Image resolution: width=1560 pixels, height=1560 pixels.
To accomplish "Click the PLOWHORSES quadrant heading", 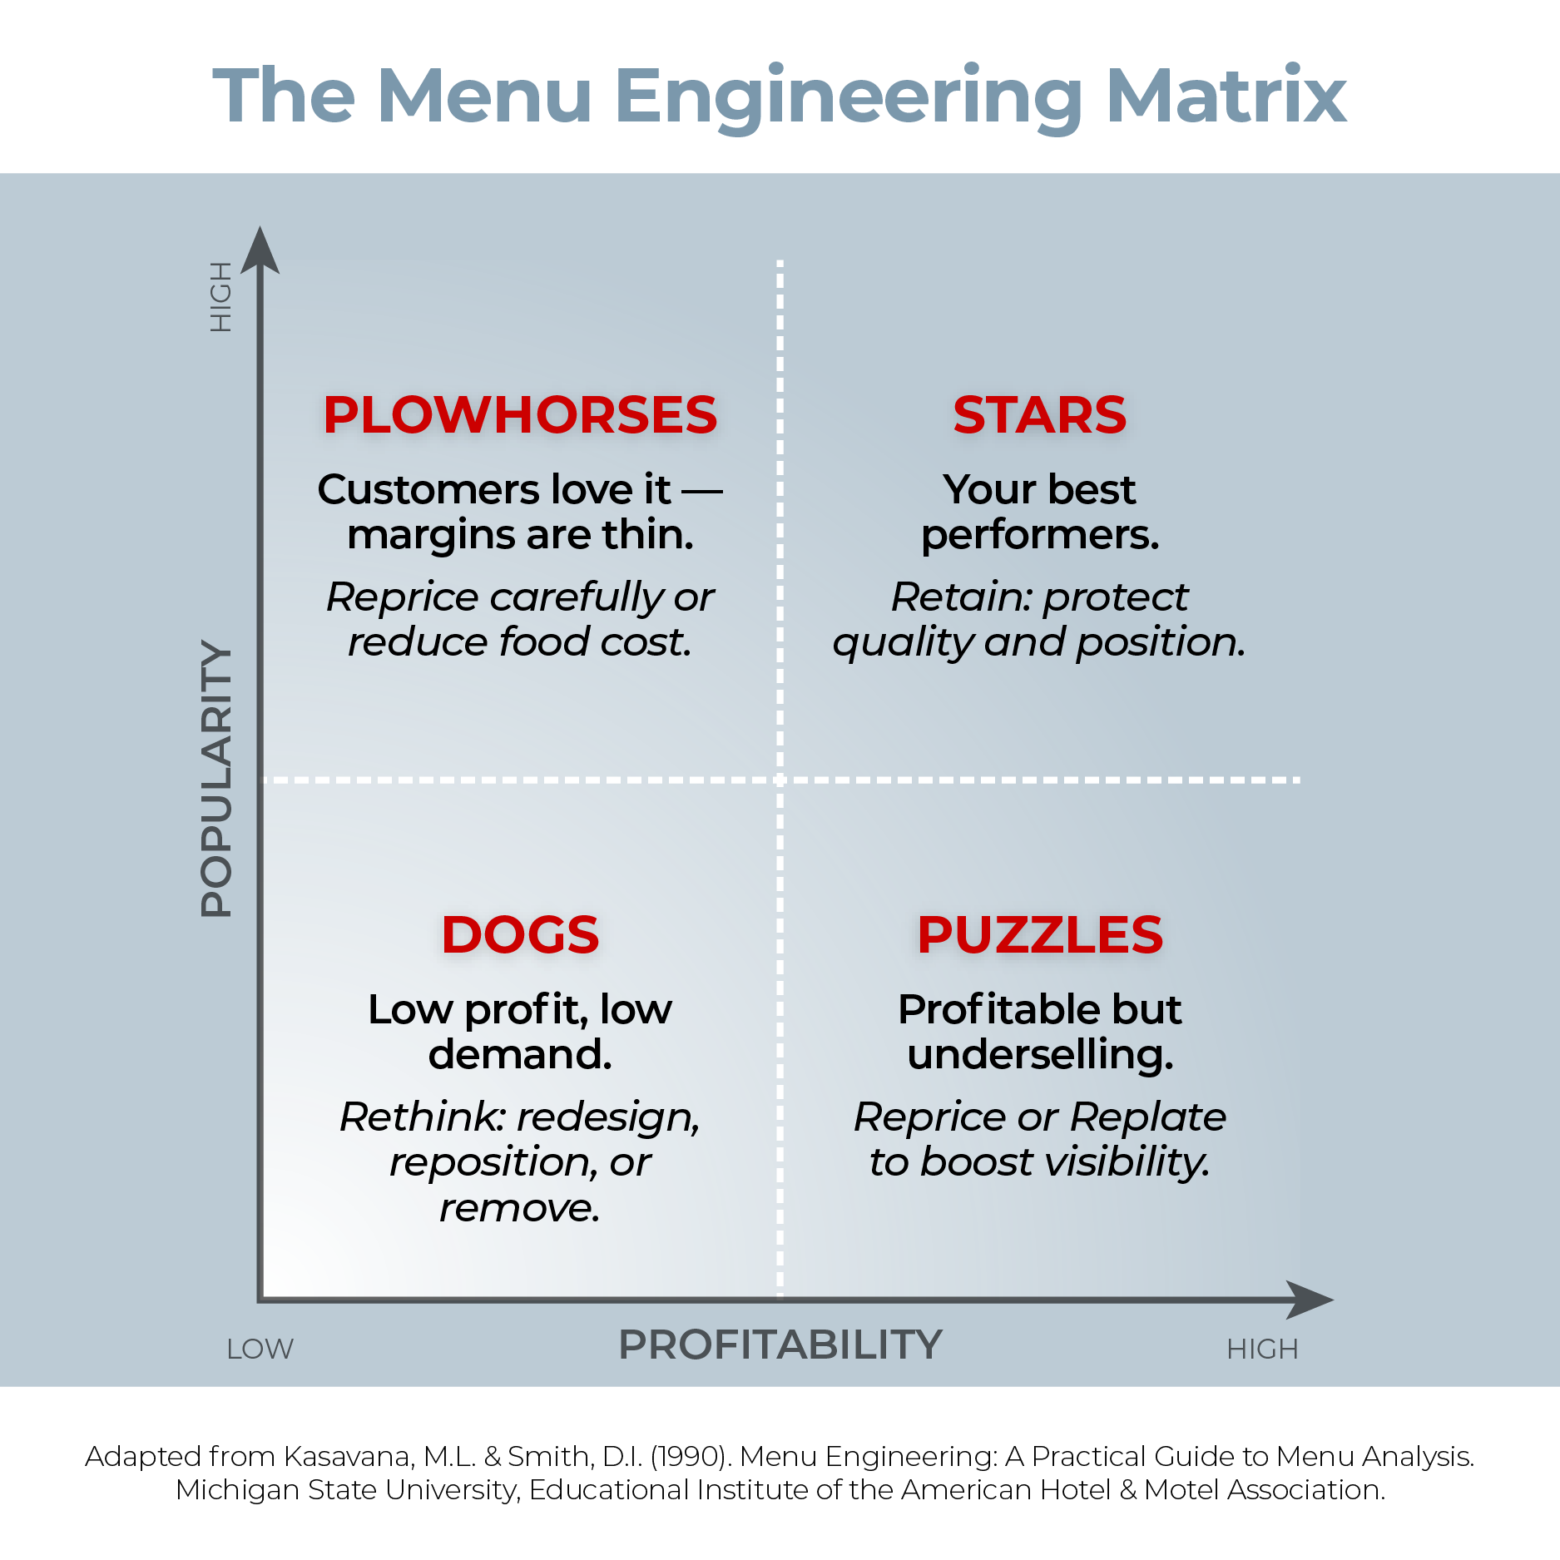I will [x=520, y=415].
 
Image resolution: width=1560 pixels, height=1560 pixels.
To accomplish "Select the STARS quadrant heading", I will [x=1039, y=415].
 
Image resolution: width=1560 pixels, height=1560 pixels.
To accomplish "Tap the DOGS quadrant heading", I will [x=520, y=934].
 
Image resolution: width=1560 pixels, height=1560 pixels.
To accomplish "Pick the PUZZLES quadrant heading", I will [x=1040, y=934].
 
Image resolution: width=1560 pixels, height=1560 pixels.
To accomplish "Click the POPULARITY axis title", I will [x=217, y=779].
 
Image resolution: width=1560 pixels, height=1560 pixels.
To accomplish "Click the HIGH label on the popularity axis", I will [x=220, y=297].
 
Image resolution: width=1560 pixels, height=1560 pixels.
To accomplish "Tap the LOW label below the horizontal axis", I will [x=260, y=1349].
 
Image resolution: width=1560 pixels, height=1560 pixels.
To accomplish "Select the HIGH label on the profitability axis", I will [x=1262, y=1349].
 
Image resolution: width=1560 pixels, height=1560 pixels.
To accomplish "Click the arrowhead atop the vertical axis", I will [x=260, y=250].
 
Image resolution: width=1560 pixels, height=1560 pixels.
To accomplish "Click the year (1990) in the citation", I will [x=690, y=1457].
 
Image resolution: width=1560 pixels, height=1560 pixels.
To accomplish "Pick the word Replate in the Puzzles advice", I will [x=1148, y=1117].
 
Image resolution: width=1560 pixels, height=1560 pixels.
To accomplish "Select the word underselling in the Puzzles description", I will [x=1040, y=1055].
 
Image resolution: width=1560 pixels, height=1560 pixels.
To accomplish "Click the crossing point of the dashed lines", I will [x=780, y=780].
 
